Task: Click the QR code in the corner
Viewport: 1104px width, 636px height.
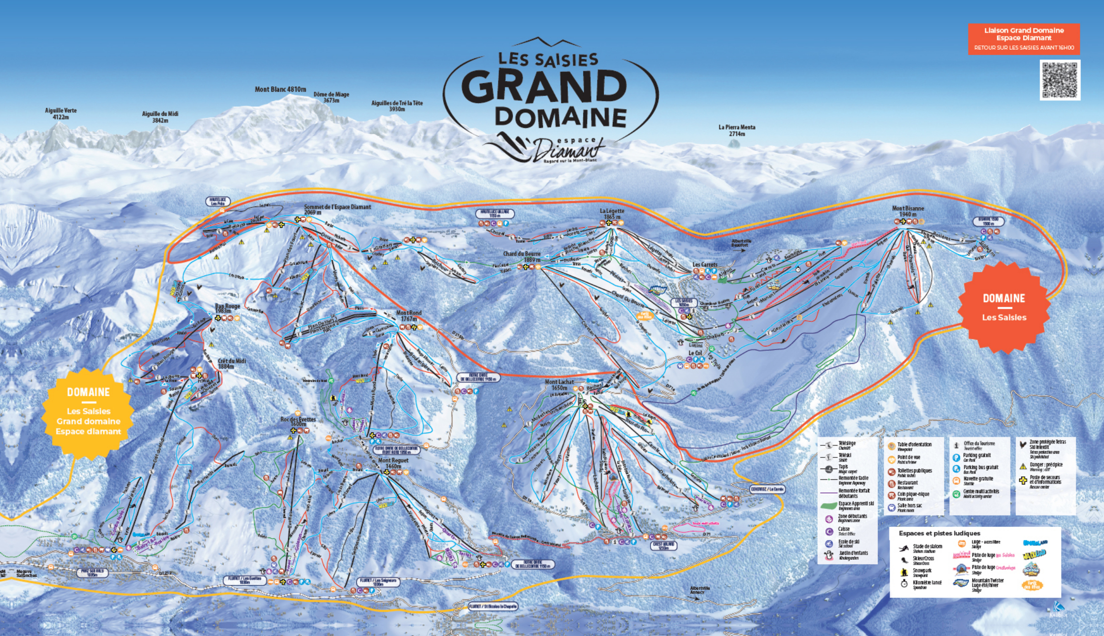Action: click(1060, 80)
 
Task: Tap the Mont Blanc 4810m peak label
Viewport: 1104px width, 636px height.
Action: click(280, 89)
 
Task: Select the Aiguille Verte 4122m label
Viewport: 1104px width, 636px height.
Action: click(61, 113)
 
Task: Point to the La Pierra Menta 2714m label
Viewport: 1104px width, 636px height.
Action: click(737, 130)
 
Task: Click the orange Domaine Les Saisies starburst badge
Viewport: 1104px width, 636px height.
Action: click(1004, 307)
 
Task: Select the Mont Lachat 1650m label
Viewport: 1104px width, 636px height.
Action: click(559, 385)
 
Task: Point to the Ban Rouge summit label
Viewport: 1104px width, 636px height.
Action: click(227, 308)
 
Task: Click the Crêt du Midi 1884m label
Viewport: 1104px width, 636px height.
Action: click(232, 363)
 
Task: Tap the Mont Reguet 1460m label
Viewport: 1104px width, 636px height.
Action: click(393, 463)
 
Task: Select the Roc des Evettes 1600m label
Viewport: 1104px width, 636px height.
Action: click(298, 421)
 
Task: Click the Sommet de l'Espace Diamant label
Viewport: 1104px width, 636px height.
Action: click(337, 209)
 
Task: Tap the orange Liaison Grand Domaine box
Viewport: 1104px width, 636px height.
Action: click(1023, 39)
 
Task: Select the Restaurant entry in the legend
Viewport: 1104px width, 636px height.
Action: click(907, 483)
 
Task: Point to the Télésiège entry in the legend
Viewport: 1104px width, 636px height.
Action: click(847, 444)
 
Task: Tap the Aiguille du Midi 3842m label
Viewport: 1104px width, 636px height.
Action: click(160, 117)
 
